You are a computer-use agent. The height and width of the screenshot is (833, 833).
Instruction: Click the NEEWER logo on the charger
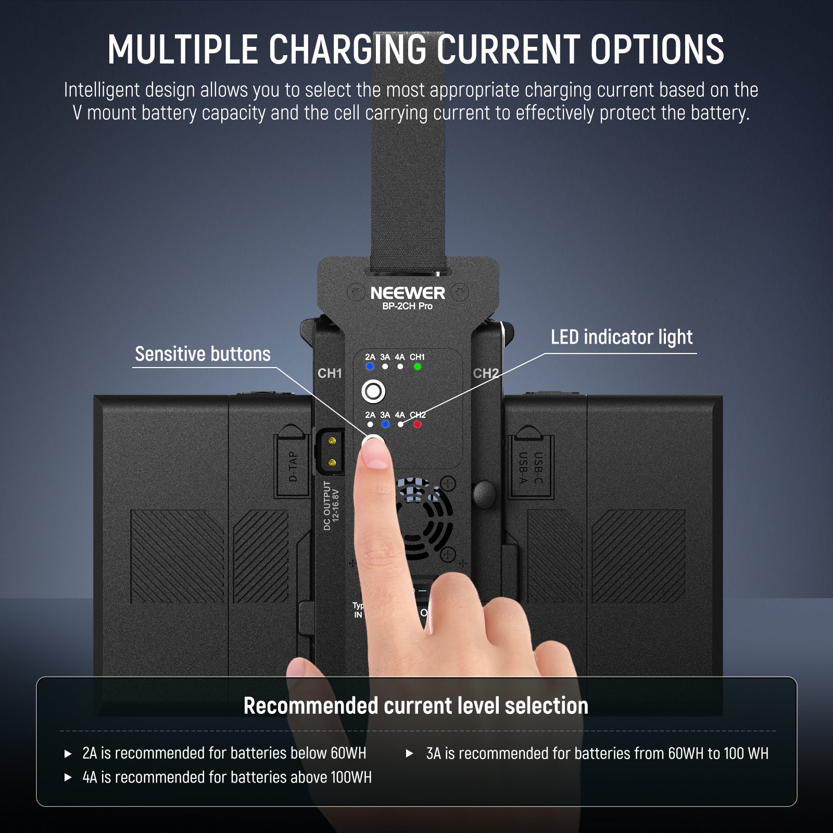point(408,293)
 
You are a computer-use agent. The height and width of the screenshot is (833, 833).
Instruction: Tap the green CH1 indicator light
point(417,367)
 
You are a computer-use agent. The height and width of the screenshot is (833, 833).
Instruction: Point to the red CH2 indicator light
point(417,424)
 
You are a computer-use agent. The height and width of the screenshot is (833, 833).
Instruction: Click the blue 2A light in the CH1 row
point(370,367)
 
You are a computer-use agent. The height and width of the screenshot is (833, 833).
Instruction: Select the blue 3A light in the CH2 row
point(385,424)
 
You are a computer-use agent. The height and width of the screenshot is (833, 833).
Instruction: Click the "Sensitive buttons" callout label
point(203,354)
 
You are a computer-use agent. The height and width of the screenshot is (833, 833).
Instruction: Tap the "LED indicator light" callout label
point(622,337)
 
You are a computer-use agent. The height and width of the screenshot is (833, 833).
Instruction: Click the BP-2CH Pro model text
point(407,306)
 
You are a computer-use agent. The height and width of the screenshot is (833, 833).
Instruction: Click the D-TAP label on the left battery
point(293,466)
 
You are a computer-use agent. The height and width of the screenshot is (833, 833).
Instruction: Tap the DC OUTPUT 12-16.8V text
point(331,505)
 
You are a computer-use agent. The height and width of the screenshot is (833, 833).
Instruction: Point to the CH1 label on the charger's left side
point(330,373)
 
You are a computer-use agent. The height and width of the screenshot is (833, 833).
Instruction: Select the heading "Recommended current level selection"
point(415,706)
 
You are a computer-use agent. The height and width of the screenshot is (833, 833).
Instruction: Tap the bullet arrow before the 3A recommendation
point(409,753)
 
